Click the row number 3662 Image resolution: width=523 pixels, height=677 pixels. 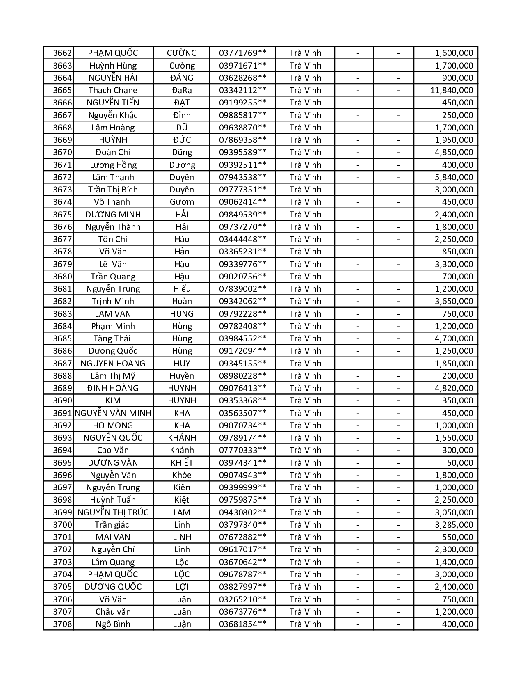[x=62, y=53]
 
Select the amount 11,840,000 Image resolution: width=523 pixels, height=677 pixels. [x=451, y=90]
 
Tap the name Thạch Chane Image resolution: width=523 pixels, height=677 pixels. [x=113, y=90]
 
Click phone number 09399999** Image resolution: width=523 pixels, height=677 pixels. [x=242, y=487]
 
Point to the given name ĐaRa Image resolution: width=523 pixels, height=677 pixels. [x=182, y=90]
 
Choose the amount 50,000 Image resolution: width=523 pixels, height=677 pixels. [x=460, y=463]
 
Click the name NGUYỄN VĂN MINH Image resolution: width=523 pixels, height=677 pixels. [x=113, y=413]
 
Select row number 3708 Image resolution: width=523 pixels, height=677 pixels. [x=62, y=624]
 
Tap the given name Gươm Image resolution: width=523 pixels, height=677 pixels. [x=182, y=202]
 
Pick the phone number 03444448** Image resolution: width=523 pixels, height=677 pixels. [x=242, y=239]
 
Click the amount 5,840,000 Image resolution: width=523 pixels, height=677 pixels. [x=454, y=177]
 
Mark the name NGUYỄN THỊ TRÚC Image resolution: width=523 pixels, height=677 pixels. [x=113, y=512]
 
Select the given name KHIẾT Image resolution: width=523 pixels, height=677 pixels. [x=182, y=463]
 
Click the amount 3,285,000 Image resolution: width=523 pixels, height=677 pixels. [x=454, y=525]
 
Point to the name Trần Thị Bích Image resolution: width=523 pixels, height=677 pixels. [x=113, y=190]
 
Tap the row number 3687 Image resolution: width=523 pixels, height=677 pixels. [x=62, y=364]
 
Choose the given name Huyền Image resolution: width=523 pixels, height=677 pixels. [x=182, y=376]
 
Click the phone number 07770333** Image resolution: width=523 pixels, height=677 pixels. [x=242, y=450]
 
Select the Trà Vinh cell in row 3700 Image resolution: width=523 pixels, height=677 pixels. [x=305, y=525]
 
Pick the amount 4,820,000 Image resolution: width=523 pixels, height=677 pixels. [x=454, y=388]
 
